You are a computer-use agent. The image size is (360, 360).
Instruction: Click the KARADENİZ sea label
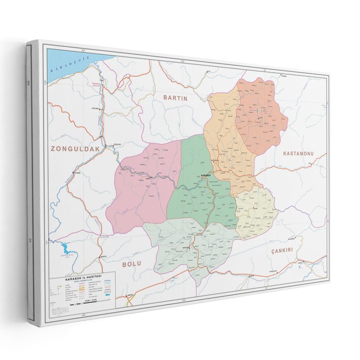coord(71,63)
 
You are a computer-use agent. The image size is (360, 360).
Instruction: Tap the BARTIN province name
coord(175,97)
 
